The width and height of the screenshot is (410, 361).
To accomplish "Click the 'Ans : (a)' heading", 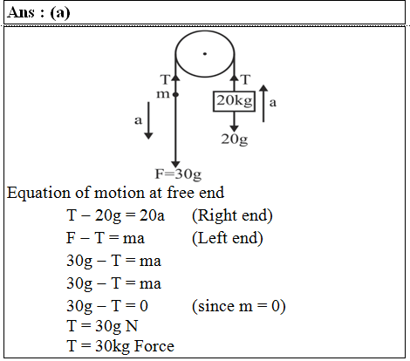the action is coord(38,12).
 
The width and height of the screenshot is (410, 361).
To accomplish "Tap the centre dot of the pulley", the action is coord(205,54).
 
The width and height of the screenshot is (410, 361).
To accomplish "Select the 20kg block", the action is coord(234,101).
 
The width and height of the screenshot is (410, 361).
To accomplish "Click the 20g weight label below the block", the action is coord(235,140).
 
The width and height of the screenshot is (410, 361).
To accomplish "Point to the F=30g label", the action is coord(178,174).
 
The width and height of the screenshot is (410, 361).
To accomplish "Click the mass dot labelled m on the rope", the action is coord(175,94).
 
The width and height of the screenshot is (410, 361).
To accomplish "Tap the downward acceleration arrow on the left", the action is coord(148,120).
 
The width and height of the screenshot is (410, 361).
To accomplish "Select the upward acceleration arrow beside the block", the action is coord(263,104).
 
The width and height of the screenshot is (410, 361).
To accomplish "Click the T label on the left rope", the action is coord(165,79).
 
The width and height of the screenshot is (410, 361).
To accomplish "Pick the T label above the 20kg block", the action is coord(246,79).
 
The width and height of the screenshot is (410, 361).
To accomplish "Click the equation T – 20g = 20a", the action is coord(115,216).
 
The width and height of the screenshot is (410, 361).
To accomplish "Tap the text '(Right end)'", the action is coord(232,216).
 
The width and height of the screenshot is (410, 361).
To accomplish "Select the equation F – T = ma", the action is coord(106,238).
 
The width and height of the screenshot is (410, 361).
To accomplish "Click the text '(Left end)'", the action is coord(228,238).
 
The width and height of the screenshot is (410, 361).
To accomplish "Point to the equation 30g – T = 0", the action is coord(107,306).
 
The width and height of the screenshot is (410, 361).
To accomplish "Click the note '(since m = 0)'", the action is coord(239,306).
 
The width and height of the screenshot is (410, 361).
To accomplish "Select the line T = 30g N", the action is coord(102,326).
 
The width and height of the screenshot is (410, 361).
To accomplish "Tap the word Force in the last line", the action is coord(154,346).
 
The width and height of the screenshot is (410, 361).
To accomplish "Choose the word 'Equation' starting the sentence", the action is coord(38,194).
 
